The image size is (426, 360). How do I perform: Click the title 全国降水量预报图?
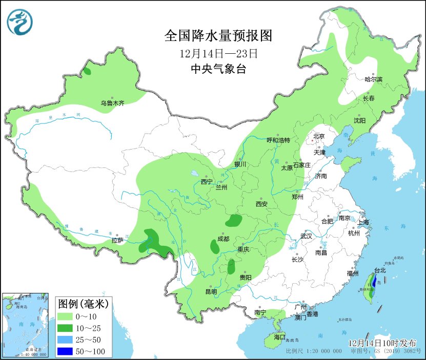pos(218,36)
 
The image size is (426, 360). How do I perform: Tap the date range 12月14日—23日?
pos(218,53)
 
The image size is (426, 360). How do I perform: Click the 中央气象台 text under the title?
pos(218,69)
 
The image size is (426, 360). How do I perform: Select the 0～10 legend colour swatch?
pos(66,317)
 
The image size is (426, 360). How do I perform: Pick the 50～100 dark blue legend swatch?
pos(66,351)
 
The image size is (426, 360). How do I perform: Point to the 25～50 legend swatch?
pos(66,340)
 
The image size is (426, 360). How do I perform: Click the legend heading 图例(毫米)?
pos(82,304)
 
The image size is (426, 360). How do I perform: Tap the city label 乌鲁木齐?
pos(112,103)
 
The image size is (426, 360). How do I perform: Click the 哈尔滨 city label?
pos(374,79)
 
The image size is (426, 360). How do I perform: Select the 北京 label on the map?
pos(319,136)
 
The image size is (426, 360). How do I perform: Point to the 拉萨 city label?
pos(117,240)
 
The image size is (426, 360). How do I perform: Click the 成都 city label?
pos(223,239)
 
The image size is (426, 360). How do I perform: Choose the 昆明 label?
pos(211,291)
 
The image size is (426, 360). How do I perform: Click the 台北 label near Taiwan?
pos(380,270)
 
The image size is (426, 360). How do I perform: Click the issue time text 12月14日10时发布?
pos(382,343)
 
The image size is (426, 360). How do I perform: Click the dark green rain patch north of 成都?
pos(234,221)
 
